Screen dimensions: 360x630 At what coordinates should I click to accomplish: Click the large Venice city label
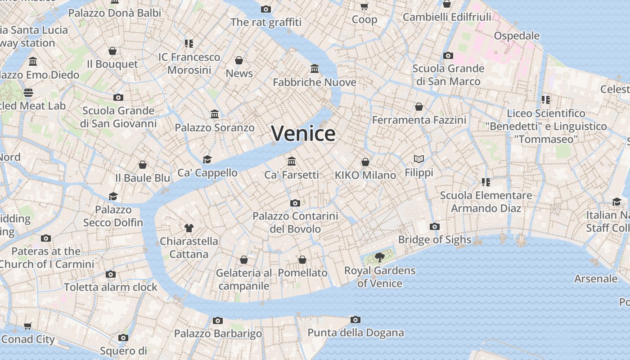tap(303, 134)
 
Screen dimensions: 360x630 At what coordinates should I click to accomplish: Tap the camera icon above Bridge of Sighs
tap(434, 226)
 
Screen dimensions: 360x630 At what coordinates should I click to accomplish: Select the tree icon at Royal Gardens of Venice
tap(380, 257)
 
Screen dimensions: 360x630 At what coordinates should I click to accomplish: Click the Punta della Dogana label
tap(355, 333)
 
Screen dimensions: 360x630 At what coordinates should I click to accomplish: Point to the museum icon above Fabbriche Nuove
tap(315, 69)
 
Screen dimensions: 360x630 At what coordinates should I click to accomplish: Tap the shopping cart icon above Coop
tap(364, 6)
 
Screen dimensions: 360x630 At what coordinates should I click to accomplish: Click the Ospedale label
tap(517, 36)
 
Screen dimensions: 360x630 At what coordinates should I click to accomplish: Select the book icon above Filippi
tap(419, 159)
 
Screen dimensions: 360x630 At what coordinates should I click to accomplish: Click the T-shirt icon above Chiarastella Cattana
tap(189, 228)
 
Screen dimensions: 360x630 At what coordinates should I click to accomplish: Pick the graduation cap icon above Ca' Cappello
tap(207, 159)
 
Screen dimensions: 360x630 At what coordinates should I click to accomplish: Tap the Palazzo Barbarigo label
tap(218, 333)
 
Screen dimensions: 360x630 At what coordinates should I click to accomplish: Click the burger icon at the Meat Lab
tap(28, 93)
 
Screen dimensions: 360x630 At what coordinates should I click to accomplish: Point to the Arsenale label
tap(596, 279)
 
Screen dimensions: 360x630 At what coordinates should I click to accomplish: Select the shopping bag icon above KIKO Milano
tap(365, 162)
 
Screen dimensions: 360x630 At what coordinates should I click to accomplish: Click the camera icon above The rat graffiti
tap(266, 9)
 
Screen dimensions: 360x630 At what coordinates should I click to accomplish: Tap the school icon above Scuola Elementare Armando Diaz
tap(486, 182)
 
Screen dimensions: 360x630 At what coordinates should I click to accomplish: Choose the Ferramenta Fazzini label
tap(419, 120)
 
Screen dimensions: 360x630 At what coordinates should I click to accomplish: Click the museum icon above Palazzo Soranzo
tap(215, 114)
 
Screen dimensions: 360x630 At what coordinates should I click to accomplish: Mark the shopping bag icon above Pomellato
tap(302, 260)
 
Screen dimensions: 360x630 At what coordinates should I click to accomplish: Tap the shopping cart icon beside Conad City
tap(28, 326)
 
